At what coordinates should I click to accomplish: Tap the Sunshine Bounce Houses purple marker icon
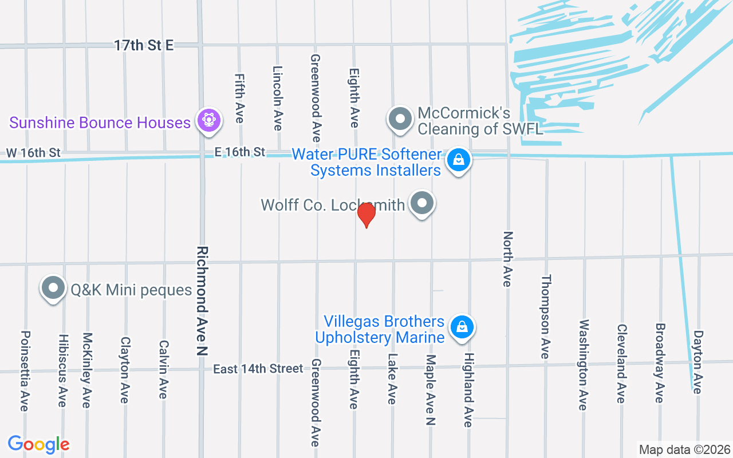pos(208,121)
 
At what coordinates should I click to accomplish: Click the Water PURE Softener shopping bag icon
pos(458,160)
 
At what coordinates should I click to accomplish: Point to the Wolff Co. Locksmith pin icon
pos(423,203)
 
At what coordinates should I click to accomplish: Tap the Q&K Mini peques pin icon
pos(53,289)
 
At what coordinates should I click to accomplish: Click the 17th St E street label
pos(143,46)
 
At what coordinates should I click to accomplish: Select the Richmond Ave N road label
pos(202,301)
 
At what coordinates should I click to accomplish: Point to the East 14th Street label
pos(258,369)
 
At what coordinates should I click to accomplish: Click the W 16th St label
pos(33,153)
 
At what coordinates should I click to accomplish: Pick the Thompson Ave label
pos(546,317)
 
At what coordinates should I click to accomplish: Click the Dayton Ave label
pos(697,361)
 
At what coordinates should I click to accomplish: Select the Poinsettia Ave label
pos(25,370)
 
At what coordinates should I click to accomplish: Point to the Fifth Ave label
pos(239,98)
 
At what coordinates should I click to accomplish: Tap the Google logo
pos(38,444)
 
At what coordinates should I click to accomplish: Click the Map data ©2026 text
pos(685,449)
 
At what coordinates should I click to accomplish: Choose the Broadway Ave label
pos(660,363)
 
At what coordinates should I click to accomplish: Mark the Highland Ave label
pos(468,390)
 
